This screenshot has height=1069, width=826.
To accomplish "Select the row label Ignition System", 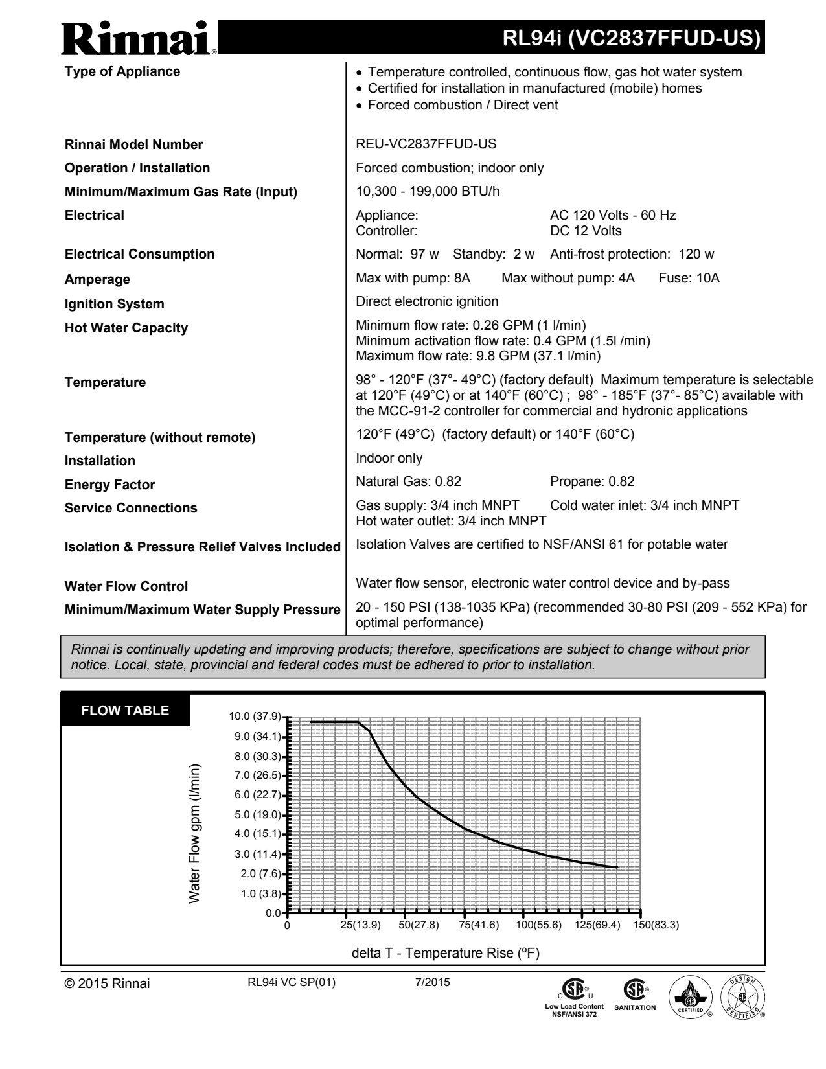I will [114, 304].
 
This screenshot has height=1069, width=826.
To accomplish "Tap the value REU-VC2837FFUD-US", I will [426, 144].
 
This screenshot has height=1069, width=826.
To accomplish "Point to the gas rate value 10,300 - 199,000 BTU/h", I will [428, 192].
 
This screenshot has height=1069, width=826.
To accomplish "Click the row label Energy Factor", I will [109, 485].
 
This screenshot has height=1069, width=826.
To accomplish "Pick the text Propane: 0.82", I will [591, 481].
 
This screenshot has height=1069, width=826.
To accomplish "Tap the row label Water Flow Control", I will [126, 586].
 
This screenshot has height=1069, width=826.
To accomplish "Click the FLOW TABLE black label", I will [125, 711].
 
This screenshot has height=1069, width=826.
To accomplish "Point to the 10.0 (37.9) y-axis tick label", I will [255, 717].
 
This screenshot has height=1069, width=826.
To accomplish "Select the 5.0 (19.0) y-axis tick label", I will [257, 814].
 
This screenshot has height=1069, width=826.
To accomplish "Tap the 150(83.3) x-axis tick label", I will [656, 925].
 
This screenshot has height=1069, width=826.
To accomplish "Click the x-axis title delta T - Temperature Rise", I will [445, 953].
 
